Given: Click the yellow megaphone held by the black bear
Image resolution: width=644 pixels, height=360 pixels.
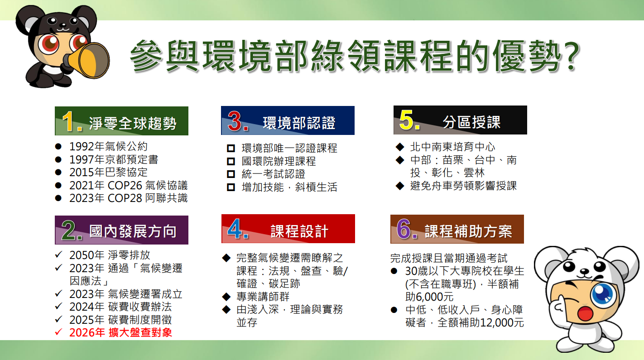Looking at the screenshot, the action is point(88,60).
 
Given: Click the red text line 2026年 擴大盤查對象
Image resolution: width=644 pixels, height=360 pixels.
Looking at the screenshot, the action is point(120,333).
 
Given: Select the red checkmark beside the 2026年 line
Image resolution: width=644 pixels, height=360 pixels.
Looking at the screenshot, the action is point(58,332).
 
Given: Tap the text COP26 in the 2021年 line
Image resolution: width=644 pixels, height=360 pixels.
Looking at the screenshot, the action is point(125,186).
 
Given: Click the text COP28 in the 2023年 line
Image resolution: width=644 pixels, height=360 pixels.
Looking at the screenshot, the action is point(125,198).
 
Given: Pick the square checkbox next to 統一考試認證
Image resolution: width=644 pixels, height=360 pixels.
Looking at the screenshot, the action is point(231,174).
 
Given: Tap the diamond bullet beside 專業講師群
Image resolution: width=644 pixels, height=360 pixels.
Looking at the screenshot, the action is point(226,297).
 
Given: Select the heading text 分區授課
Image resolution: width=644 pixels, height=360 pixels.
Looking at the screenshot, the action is point(471,122).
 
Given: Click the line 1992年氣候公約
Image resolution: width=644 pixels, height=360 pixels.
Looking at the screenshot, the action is point(108,147).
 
